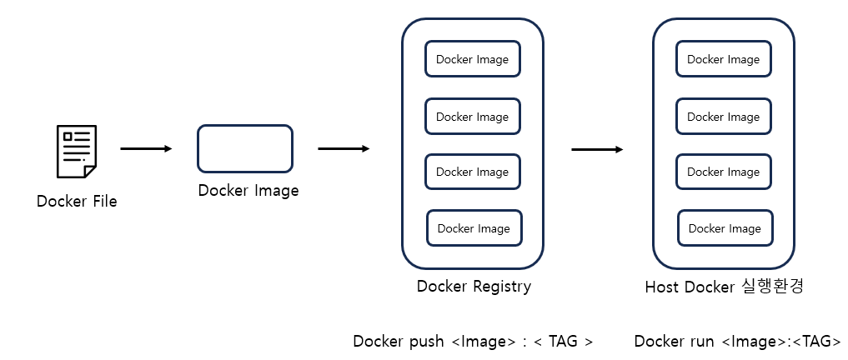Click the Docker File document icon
(76, 152)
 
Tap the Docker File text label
(77, 202)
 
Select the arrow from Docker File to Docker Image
(146, 149)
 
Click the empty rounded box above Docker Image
(245, 148)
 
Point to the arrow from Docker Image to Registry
(344, 149)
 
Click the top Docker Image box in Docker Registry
(473, 59)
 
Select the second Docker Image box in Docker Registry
(473, 117)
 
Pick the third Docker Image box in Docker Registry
(473, 172)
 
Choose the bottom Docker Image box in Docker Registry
(474, 228)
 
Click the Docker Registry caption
(474, 287)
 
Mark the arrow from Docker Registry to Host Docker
(597, 150)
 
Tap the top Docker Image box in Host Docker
(724, 59)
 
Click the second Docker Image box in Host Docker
(724, 117)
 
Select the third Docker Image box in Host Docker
(724, 172)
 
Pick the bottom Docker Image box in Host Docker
(725, 228)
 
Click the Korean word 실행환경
(772, 287)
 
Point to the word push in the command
(425, 342)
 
